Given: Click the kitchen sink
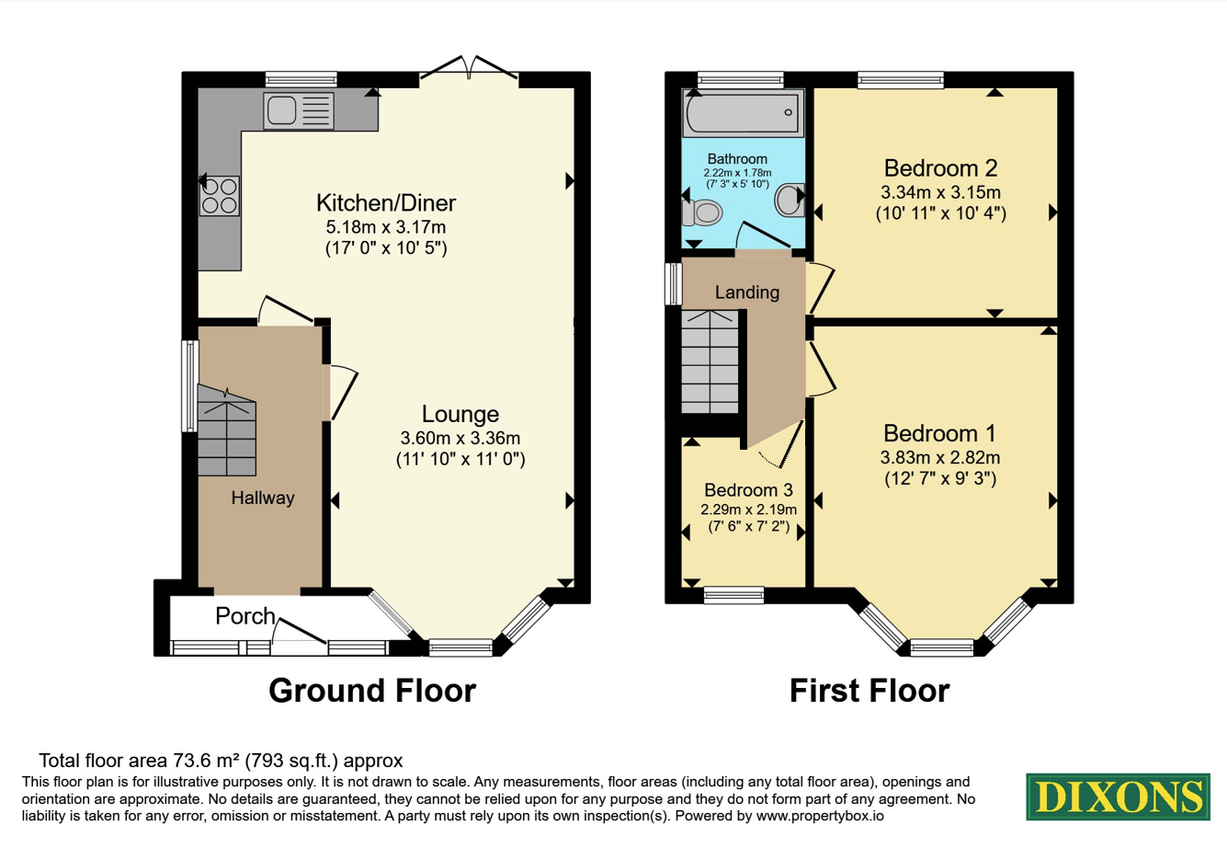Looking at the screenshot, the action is (299, 110).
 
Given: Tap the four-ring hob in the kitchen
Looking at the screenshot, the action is (220, 196).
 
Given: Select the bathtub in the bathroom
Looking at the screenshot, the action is (743, 112).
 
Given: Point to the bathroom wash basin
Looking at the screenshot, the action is (790, 200).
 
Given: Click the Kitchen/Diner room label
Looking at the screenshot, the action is (386, 203).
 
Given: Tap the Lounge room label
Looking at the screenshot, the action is (460, 414).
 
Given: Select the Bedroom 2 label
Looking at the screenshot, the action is (940, 168).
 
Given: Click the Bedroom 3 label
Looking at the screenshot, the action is (748, 489).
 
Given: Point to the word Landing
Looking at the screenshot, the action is (747, 292).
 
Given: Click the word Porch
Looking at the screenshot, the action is (244, 616).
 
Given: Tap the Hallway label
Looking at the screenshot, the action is (263, 498).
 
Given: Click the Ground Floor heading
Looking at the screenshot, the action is (372, 691).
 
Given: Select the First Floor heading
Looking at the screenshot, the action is (869, 691).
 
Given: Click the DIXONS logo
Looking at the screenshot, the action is (1118, 797).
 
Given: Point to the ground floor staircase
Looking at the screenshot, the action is (227, 430).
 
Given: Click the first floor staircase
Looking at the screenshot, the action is (710, 361).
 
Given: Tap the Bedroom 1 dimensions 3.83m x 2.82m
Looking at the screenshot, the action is (940, 458).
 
